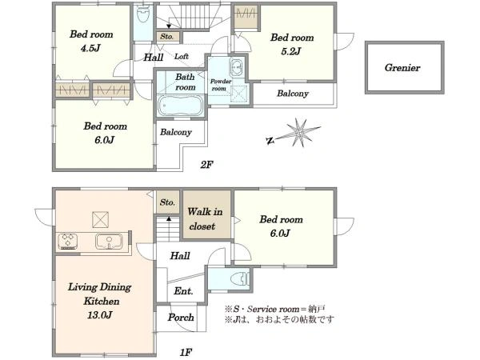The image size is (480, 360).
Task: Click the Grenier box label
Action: pyautogui.click(x=402, y=68)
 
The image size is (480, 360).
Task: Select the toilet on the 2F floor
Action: pyautogui.click(x=142, y=14)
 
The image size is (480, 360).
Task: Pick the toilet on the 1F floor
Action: pyautogui.click(x=241, y=279)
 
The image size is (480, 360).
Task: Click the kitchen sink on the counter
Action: pyautogui.click(x=109, y=242)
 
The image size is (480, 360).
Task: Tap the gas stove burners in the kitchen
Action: pyautogui.click(x=68, y=242)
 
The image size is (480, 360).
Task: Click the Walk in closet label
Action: pyautogui.click(x=204, y=219)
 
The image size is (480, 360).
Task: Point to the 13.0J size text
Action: pyautogui.click(x=100, y=314)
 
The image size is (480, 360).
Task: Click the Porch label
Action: pyautogui.click(x=181, y=318)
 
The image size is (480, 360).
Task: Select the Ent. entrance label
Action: pyautogui.click(x=183, y=291)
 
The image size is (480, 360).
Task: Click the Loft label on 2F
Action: pyautogui.click(x=182, y=57)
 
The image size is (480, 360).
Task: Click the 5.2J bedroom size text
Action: pyautogui.click(x=290, y=51)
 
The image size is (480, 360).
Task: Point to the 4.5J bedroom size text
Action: pyautogui.click(x=90, y=48)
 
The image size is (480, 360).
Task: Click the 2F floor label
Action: pyautogui.click(x=206, y=165)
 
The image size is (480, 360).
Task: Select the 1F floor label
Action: pyautogui.click(x=186, y=352)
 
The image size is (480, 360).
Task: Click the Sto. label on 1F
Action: pyautogui.click(x=167, y=202)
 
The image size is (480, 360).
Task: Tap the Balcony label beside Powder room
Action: pyautogui.click(x=293, y=94)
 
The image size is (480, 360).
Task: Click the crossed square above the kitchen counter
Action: pyautogui.click(x=101, y=219)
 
